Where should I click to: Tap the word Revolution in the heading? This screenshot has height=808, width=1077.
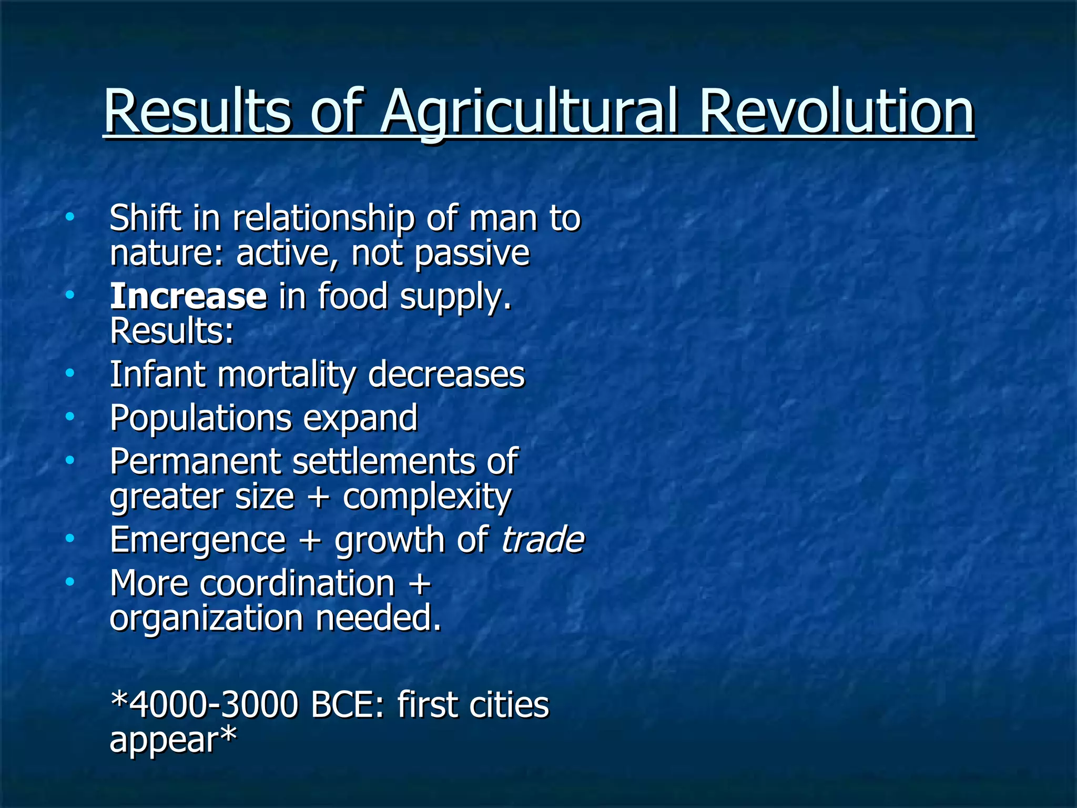pos(836,112)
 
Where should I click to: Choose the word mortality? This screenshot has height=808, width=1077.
pos(286,376)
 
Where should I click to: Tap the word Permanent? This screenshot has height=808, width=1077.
pos(195,461)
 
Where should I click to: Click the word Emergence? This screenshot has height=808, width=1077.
pos(198,541)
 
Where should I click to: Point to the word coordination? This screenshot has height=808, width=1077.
pos(297,583)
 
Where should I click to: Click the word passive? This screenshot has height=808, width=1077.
pos(472,254)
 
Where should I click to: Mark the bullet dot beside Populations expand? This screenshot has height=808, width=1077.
pos(70,417)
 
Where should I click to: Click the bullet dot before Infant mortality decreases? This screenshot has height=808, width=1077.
pos(70,373)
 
